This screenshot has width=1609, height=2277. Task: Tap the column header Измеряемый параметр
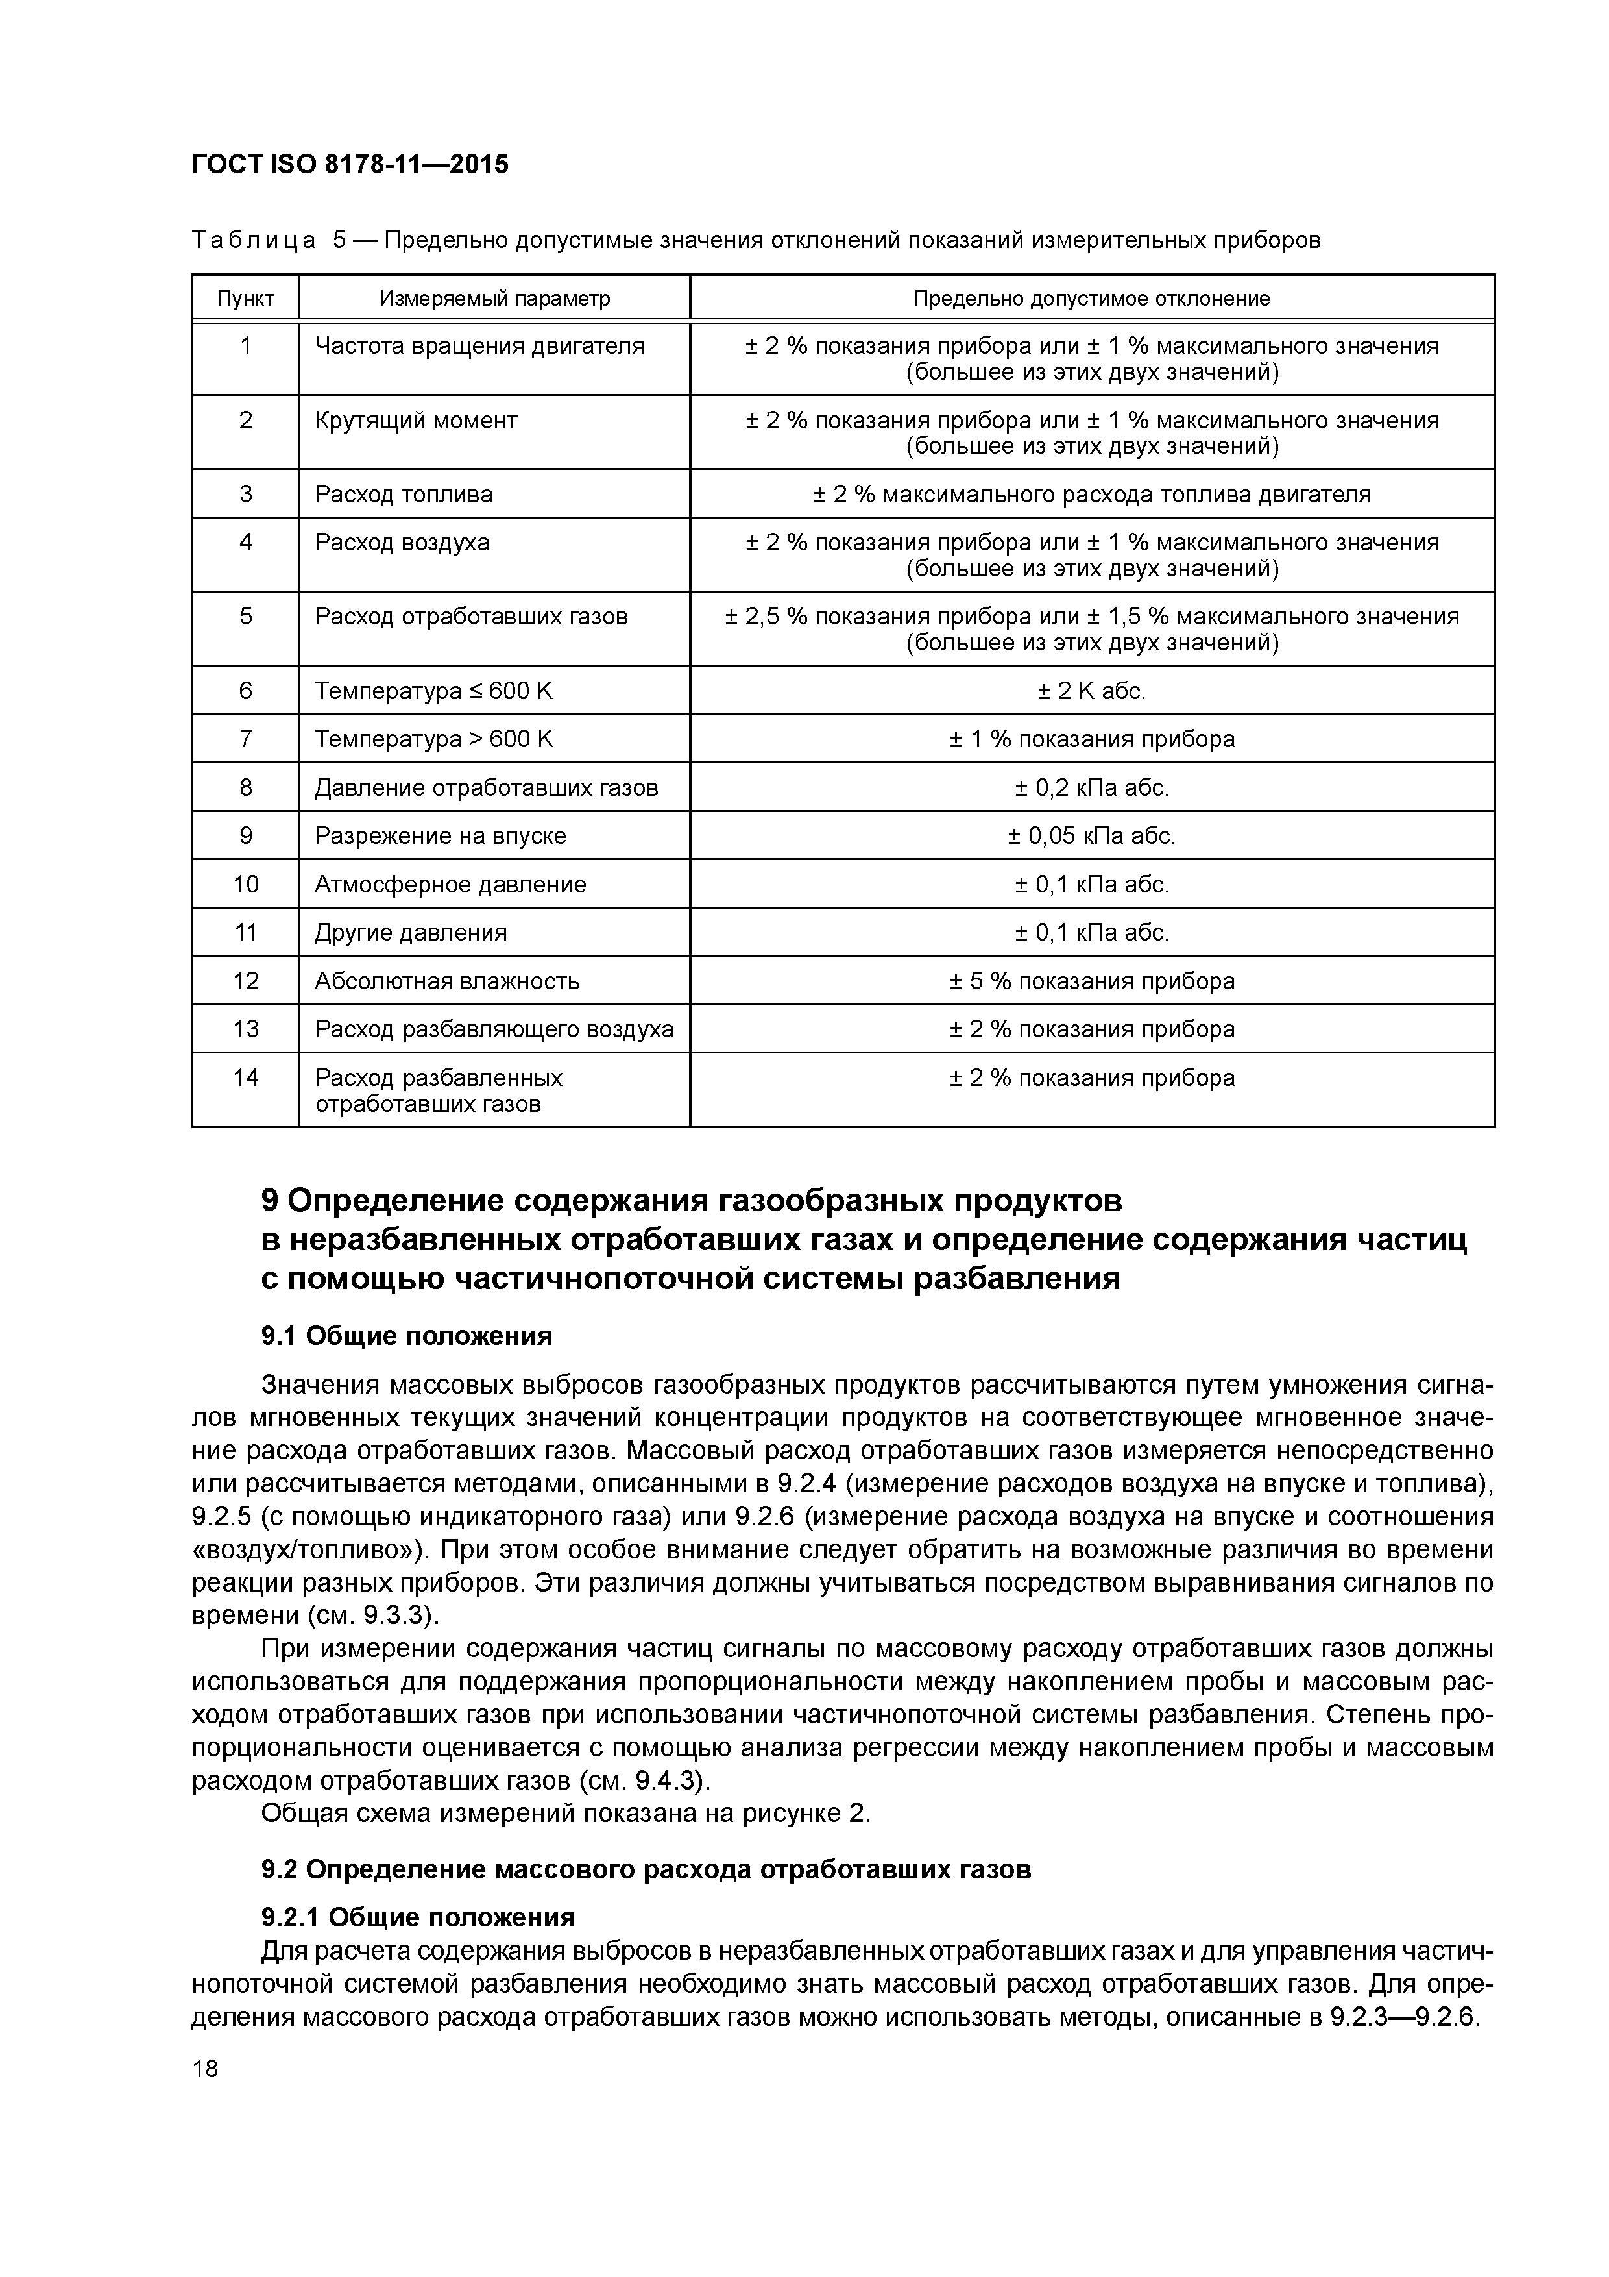(x=494, y=299)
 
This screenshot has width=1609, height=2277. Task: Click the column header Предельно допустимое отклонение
(x=1091, y=299)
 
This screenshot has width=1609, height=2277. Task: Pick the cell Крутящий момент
(x=415, y=421)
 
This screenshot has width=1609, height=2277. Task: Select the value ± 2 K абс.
(x=1091, y=690)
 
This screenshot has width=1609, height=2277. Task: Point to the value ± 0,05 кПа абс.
(x=1091, y=836)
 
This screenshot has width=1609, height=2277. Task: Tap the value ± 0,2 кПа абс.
(x=1091, y=787)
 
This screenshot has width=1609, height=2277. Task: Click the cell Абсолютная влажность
(x=446, y=981)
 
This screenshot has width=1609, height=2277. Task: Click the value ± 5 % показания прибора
(x=1091, y=981)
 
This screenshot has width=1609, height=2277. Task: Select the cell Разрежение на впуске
(x=439, y=836)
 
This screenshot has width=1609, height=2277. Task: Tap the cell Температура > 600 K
(x=433, y=739)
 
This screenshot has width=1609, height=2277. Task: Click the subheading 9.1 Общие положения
(x=405, y=1336)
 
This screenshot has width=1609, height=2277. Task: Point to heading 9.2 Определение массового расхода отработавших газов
(x=646, y=1869)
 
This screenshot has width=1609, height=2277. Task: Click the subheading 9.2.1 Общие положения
(x=417, y=1917)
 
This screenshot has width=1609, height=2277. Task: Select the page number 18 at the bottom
(x=205, y=2069)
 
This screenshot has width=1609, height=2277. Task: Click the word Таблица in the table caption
(x=254, y=240)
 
